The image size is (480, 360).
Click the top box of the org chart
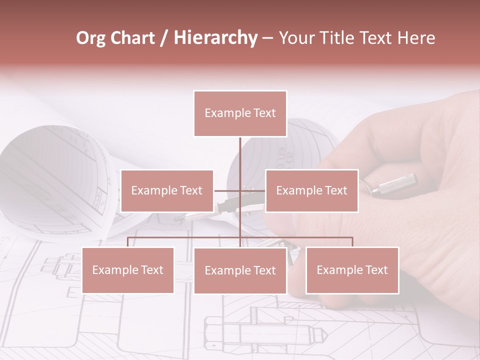tap(240, 113)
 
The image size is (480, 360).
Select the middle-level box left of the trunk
tap(167, 190)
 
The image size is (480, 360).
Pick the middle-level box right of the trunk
tap(311, 190)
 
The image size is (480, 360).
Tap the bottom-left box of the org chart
tap(128, 270)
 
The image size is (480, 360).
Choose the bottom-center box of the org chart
tap(240, 270)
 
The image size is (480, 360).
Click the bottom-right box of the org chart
tap(352, 270)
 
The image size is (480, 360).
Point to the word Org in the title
tap(90, 38)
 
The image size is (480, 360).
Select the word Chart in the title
tap(132, 38)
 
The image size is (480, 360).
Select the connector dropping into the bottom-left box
tap(128, 242)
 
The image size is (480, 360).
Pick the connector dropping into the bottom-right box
tap(352, 242)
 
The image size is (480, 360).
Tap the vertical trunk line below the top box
tap(240, 155)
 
